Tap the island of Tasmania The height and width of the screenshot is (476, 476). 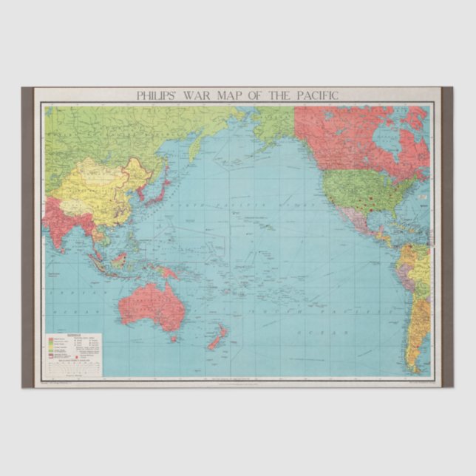[x=174, y=338]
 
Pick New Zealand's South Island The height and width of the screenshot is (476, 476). [x=213, y=343]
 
